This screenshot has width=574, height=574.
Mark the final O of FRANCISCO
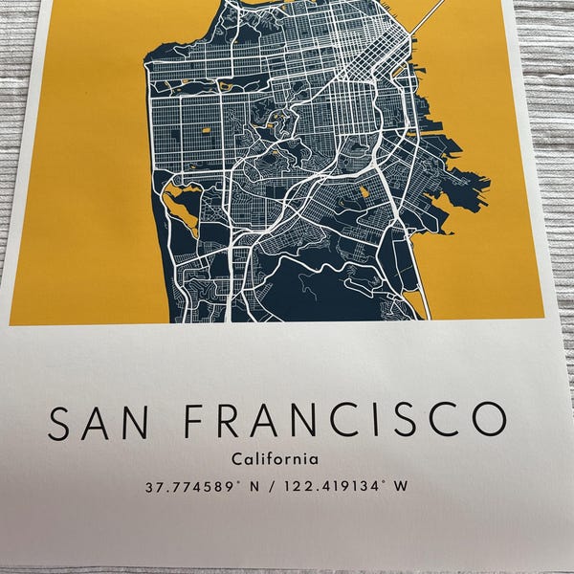tap(487, 422)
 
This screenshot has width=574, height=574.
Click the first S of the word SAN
tap(60, 423)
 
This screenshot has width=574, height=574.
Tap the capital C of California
tap(237, 460)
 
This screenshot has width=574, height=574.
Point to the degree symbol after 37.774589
tap(236, 482)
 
